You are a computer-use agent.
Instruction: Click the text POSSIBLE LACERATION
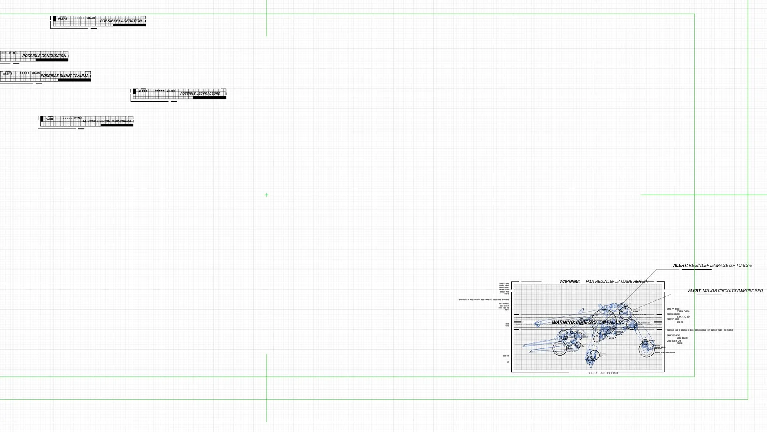click(x=121, y=21)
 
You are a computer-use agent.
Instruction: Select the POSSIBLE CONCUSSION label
click(x=44, y=56)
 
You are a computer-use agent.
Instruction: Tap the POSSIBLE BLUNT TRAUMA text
click(x=64, y=76)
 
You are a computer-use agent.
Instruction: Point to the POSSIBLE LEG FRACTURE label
click(x=200, y=94)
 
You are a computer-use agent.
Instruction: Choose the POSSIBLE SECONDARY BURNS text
click(x=107, y=121)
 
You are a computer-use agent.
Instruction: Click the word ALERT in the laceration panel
click(x=63, y=18)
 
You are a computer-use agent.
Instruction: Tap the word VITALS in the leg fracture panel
click(x=171, y=91)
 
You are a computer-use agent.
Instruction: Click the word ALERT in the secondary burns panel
click(x=50, y=119)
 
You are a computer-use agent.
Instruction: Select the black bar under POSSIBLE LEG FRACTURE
click(x=209, y=98)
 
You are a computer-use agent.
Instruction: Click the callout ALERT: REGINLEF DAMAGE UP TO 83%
click(x=712, y=266)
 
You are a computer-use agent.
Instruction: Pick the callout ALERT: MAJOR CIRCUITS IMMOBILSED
click(x=725, y=291)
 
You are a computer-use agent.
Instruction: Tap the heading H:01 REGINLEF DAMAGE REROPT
click(x=617, y=282)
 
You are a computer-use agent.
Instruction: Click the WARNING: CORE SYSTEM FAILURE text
click(x=588, y=322)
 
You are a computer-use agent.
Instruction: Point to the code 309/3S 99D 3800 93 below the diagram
click(x=602, y=373)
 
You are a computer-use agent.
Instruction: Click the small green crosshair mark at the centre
click(x=266, y=195)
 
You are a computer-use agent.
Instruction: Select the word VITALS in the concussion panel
click(x=13, y=53)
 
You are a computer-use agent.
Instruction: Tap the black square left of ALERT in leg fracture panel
click(x=135, y=91)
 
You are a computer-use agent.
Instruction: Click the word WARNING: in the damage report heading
click(x=569, y=282)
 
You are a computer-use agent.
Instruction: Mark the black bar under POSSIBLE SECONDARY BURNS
click(x=117, y=125)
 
